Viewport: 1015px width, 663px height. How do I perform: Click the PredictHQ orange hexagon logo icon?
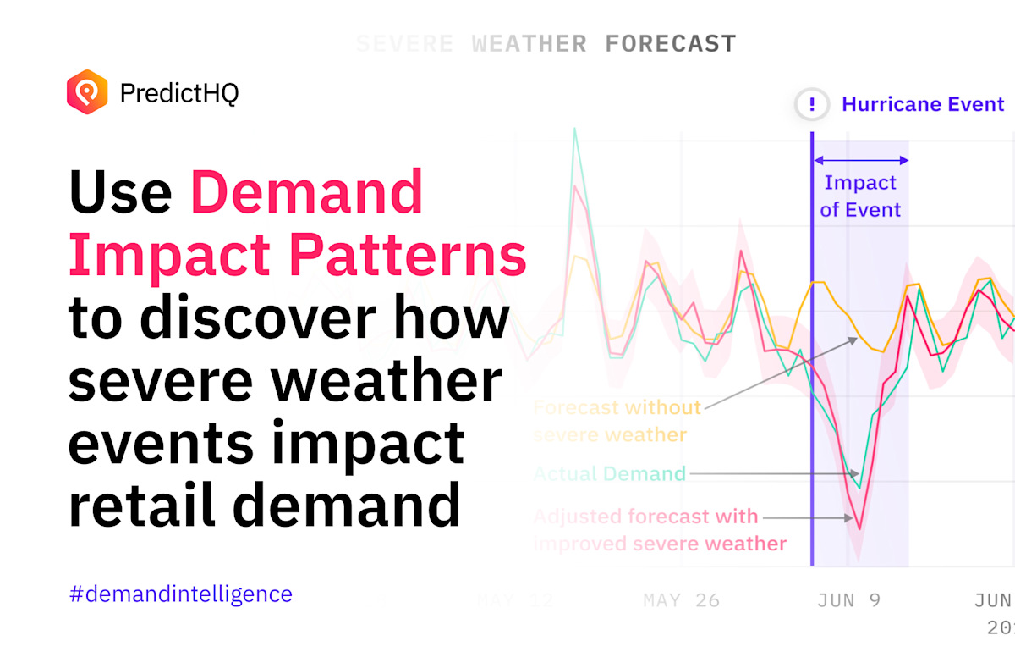87,91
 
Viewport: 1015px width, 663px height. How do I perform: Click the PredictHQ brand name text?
179,92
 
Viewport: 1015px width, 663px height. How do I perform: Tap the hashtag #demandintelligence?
180,594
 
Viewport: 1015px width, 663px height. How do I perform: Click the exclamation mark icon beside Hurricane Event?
812,105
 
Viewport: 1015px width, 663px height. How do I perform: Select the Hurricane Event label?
923,105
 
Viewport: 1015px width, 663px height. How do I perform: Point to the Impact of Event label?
860,196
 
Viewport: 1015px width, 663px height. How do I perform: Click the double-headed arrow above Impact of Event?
860,159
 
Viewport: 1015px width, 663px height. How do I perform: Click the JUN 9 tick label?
848,600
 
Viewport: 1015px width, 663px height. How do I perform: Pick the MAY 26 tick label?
681,600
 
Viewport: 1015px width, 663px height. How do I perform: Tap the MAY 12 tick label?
514,600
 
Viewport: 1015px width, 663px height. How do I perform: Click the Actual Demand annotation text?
608,474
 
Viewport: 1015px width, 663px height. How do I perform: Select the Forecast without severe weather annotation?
617,421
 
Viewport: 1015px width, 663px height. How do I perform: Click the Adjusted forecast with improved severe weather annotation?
659,529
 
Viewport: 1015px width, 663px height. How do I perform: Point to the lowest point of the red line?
859,529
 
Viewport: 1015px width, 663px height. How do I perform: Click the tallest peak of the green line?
575,129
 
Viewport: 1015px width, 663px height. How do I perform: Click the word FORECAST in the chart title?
671,43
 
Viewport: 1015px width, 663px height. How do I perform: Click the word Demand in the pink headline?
306,191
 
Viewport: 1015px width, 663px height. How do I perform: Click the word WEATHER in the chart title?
529,43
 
